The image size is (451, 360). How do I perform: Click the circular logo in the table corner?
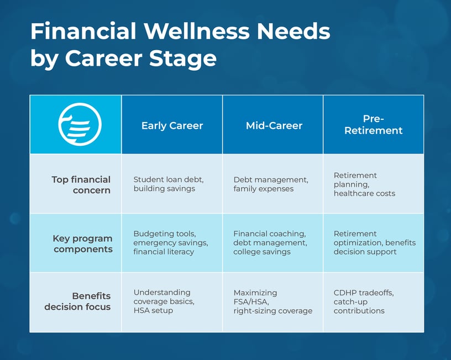coord(80,125)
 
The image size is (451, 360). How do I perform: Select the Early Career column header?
coord(172,126)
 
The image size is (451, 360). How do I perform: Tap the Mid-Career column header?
coord(274,126)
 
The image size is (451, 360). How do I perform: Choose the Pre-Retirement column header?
coord(373,125)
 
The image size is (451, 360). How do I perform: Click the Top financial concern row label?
coord(81,185)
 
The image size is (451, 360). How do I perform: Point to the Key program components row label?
coord(82,243)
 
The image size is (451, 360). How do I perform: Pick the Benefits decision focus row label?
coord(77,301)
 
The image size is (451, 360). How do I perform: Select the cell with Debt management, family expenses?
coord(270,184)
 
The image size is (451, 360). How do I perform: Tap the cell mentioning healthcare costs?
coord(364,184)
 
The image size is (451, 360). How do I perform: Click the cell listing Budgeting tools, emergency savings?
coord(170,243)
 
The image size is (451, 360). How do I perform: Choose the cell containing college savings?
coord(269,243)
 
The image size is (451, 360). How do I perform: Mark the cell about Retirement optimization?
coord(374,243)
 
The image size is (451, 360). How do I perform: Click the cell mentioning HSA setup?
coord(164,301)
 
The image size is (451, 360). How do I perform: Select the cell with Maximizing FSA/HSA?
coord(272,301)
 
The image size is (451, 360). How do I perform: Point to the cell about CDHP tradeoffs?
coord(359,302)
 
